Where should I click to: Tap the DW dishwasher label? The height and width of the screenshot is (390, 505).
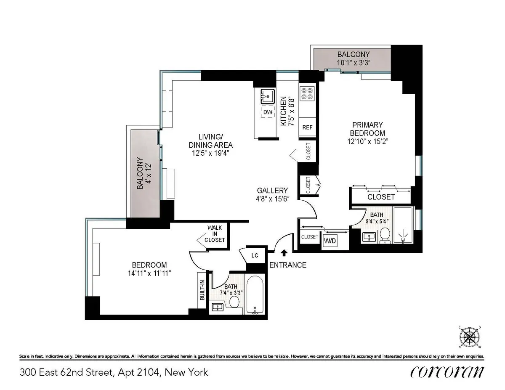[267, 112]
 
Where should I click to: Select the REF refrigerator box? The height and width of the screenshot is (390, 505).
[307, 127]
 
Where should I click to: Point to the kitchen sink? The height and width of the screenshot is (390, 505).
[267, 96]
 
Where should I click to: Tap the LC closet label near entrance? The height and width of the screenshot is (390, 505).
[254, 255]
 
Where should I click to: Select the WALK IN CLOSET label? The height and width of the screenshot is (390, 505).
[215, 234]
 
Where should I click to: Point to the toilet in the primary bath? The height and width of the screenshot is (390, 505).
[384, 235]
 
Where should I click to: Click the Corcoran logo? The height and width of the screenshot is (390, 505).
[447, 372]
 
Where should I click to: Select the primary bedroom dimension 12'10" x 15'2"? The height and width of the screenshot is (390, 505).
[367, 141]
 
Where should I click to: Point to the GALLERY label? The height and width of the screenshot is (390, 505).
[273, 190]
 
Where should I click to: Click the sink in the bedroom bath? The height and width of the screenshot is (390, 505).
[218, 307]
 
